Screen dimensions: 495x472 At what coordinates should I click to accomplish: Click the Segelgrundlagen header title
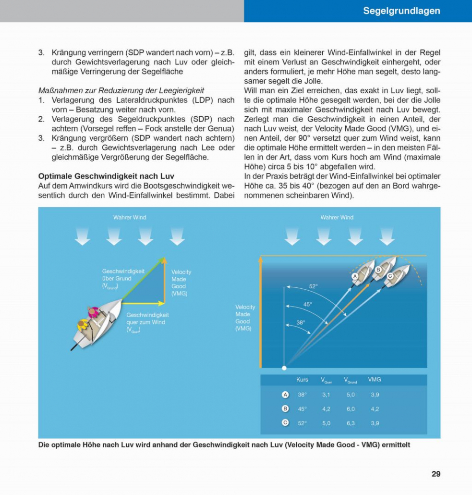click(401, 11)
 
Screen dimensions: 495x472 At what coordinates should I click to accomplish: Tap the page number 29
click(436, 474)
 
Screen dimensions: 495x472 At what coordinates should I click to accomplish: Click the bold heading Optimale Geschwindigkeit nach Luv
click(106, 176)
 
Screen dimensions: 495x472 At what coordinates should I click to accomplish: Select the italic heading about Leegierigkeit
click(121, 90)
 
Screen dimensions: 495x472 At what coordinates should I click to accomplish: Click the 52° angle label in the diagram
click(313, 286)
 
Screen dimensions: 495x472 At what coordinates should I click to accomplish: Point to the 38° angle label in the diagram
click(301, 322)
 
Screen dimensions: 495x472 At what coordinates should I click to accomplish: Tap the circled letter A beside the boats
click(355, 276)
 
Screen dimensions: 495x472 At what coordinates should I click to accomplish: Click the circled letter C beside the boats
click(390, 276)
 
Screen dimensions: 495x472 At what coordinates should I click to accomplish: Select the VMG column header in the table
click(375, 380)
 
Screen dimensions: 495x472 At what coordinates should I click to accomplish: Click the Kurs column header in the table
click(302, 380)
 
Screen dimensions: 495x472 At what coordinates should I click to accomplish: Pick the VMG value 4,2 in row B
click(375, 409)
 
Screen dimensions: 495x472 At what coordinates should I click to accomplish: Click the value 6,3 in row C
click(351, 423)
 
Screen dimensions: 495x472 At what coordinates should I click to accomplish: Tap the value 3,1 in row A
click(326, 395)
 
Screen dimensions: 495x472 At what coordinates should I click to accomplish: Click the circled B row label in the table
click(285, 409)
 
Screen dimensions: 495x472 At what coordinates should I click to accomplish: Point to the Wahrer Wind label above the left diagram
click(130, 217)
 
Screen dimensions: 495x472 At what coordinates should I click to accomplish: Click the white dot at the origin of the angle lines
click(284, 368)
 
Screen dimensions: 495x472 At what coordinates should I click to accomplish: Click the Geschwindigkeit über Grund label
click(123, 278)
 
